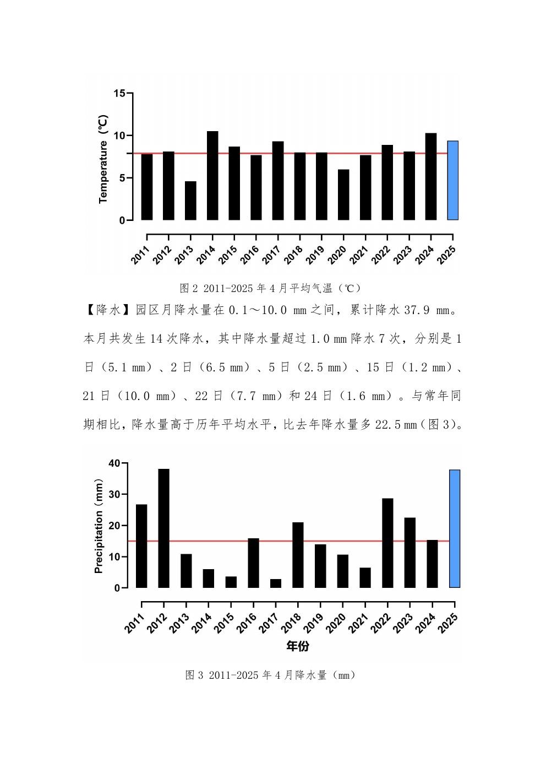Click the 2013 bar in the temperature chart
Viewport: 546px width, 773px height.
click(x=190, y=201)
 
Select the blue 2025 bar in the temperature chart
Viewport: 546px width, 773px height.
click(x=452, y=181)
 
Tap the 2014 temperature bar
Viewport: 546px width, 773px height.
click(x=212, y=176)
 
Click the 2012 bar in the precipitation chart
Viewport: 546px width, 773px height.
click(x=163, y=528)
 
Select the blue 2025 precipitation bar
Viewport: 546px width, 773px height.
click(x=455, y=529)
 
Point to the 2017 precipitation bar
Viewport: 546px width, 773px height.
click(x=276, y=583)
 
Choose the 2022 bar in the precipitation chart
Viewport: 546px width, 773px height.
click(x=387, y=543)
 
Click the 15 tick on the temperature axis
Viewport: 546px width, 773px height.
click(x=119, y=93)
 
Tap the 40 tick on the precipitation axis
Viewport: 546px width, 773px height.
click(x=114, y=463)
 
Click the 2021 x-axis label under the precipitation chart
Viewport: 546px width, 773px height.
click(x=358, y=623)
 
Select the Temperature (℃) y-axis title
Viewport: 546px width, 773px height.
click(x=103, y=159)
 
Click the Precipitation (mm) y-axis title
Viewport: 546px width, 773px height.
click(x=99, y=526)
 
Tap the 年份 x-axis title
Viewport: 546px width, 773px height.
click(x=298, y=646)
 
